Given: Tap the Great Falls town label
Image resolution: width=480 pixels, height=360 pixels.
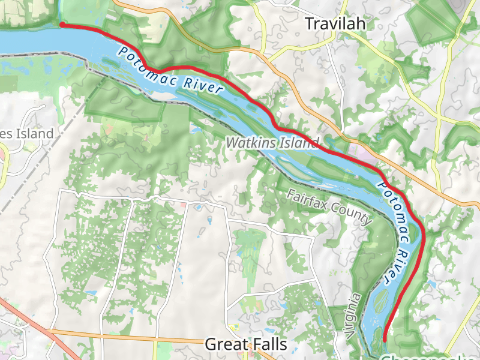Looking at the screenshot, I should pos(245,344).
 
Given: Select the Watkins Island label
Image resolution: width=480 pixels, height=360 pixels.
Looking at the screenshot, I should pos(272,143).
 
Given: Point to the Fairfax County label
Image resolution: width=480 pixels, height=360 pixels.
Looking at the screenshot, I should pos(329,207).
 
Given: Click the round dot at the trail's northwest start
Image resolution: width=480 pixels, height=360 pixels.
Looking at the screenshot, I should pos(62,25).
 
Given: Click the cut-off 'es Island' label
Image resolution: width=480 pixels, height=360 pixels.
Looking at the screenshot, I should pos(26,134).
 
